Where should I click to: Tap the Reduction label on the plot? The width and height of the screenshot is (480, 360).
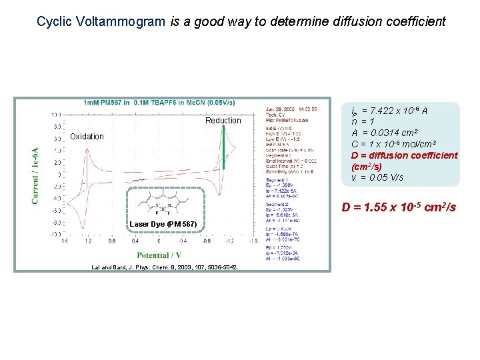(x=223, y=121)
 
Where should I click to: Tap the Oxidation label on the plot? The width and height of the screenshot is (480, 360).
(x=87, y=137)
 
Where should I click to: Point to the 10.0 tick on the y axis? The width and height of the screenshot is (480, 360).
(x=57, y=114)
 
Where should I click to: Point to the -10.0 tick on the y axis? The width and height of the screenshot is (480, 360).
(x=55, y=234)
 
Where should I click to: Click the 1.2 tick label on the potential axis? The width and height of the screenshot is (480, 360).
(x=87, y=242)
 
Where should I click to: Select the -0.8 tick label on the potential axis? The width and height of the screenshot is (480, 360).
(x=207, y=242)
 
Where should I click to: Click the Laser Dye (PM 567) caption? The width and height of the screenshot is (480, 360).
(x=163, y=224)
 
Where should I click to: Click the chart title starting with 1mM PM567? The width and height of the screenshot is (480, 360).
(x=159, y=103)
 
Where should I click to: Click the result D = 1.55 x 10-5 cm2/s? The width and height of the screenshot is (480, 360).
(x=399, y=207)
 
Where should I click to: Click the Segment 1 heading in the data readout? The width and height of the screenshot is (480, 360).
(x=277, y=180)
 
